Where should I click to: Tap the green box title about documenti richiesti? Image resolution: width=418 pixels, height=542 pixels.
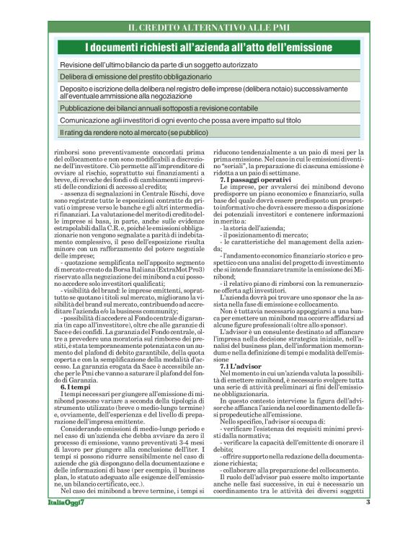(209, 48)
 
